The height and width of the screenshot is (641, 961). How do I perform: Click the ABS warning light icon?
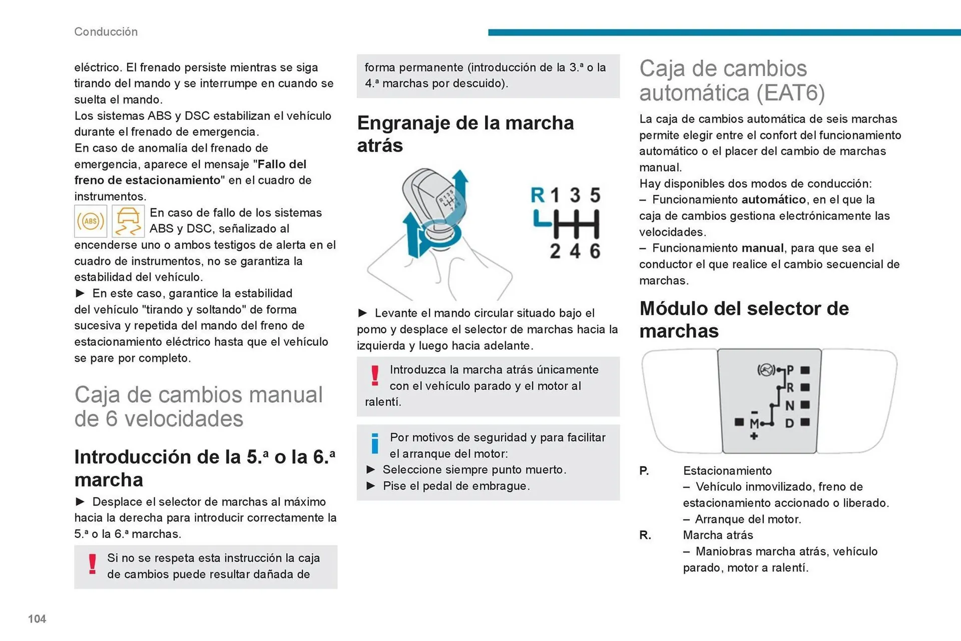91,221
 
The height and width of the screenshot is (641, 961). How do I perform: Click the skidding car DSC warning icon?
128,221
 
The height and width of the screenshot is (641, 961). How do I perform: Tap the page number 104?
37,619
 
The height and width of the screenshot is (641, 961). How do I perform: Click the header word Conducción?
106,32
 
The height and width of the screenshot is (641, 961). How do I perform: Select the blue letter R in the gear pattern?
538,195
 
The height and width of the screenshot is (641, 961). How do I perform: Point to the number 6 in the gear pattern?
595,251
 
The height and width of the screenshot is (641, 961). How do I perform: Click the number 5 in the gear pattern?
595,195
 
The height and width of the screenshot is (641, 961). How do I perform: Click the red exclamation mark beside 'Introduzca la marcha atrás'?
375,376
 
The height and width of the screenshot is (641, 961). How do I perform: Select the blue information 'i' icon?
375,443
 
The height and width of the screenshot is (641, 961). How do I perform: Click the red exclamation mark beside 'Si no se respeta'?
92,564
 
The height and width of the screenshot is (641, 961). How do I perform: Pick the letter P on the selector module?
790,370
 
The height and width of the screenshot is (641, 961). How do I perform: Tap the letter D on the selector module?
789,423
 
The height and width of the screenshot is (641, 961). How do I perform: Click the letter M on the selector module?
754,424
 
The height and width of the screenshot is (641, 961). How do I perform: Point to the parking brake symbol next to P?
766,370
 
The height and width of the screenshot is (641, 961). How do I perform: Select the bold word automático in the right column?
773,200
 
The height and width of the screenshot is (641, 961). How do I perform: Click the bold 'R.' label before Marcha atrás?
645,535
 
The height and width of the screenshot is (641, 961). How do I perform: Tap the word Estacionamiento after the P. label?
727,471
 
